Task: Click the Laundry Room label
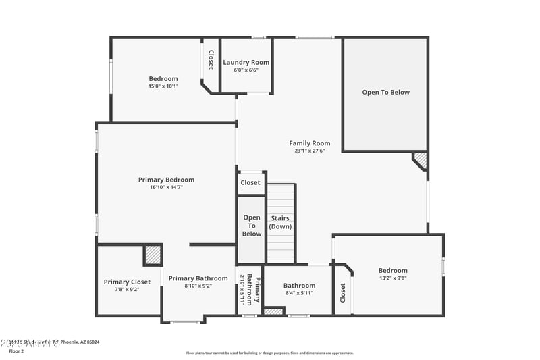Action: [246, 62]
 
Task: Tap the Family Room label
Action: [310, 143]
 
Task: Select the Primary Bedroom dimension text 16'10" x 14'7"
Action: [166, 187]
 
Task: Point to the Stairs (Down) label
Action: [280, 222]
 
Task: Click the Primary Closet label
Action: [127, 282]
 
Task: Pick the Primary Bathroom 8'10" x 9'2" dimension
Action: [189, 286]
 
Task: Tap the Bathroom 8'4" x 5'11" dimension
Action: [299, 293]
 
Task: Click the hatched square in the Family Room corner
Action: [420, 160]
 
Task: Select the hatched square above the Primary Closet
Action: [153, 255]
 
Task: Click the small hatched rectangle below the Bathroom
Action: [273, 311]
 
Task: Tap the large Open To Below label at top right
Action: [385, 93]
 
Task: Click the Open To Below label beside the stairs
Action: [252, 226]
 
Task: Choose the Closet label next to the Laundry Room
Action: [211, 60]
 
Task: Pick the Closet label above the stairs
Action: [250, 182]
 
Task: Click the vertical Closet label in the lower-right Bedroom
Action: [343, 292]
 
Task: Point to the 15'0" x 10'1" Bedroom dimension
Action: [163, 86]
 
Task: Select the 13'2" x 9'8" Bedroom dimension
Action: [393, 278]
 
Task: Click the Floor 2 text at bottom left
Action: [16, 351]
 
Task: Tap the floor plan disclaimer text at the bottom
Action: [269, 353]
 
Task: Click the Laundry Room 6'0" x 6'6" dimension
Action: [246, 70]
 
